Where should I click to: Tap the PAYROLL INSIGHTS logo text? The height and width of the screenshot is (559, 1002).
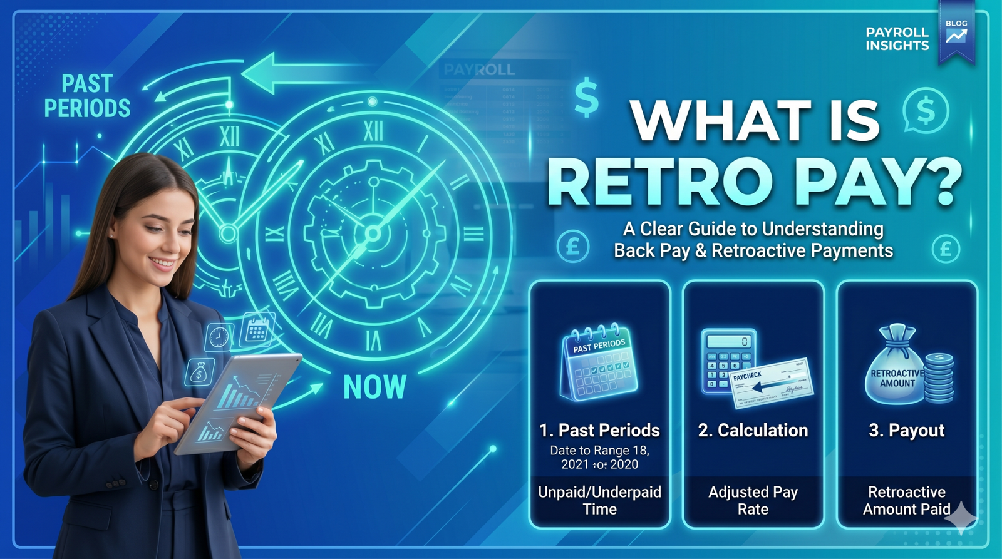pyautogui.click(x=897, y=39)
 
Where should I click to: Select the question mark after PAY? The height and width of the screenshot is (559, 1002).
pyautogui.click(x=937, y=182)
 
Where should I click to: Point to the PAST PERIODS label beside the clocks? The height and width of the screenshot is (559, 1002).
pyautogui.click(x=87, y=96)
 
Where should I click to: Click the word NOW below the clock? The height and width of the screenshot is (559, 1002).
pyautogui.click(x=374, y=387)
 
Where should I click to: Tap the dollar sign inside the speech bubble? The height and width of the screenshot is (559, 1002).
pyautogui.click(x=926, y=110)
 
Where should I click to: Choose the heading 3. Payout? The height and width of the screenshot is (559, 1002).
pyautogui.click(x=906, y=431)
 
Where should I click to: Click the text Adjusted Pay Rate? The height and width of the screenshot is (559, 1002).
pyautogui.click(x=753, y=500)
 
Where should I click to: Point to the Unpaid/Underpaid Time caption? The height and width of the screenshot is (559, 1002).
pyautogui.click(x=599, y=500)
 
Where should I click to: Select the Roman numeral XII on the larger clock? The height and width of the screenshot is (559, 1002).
pyautogui.click(x=373, y=131)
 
